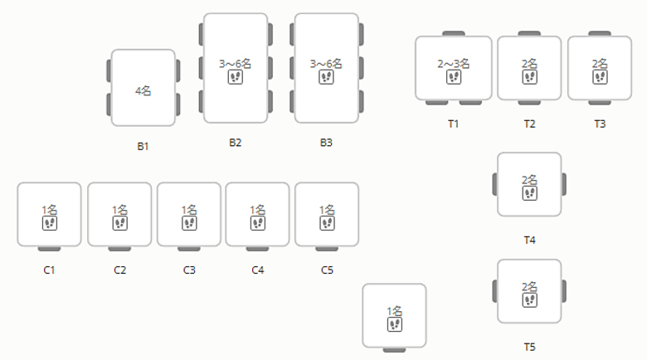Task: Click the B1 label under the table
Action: pos(144,146)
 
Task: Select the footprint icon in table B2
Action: pos(236,77)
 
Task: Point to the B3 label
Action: pos(326,142)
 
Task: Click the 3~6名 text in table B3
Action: pos(326,63)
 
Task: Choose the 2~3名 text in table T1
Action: pos(454,63)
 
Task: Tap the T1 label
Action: pos(454,124)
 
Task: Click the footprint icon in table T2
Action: pos(529,77)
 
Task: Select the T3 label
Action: pos(600,124)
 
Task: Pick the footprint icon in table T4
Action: pos(529,192)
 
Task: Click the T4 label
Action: pos(529,240)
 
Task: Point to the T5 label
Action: pos(529,346)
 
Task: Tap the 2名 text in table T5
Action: pos(529,286)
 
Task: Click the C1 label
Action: pos(49,270)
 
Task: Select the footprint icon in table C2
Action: pos(119,224)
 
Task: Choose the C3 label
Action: pos(189,270)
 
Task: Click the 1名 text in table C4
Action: pos(257,210)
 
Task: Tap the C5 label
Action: pos(327,270)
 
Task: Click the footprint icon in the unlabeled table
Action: pos(395,324)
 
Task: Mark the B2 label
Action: pos(236,142)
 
